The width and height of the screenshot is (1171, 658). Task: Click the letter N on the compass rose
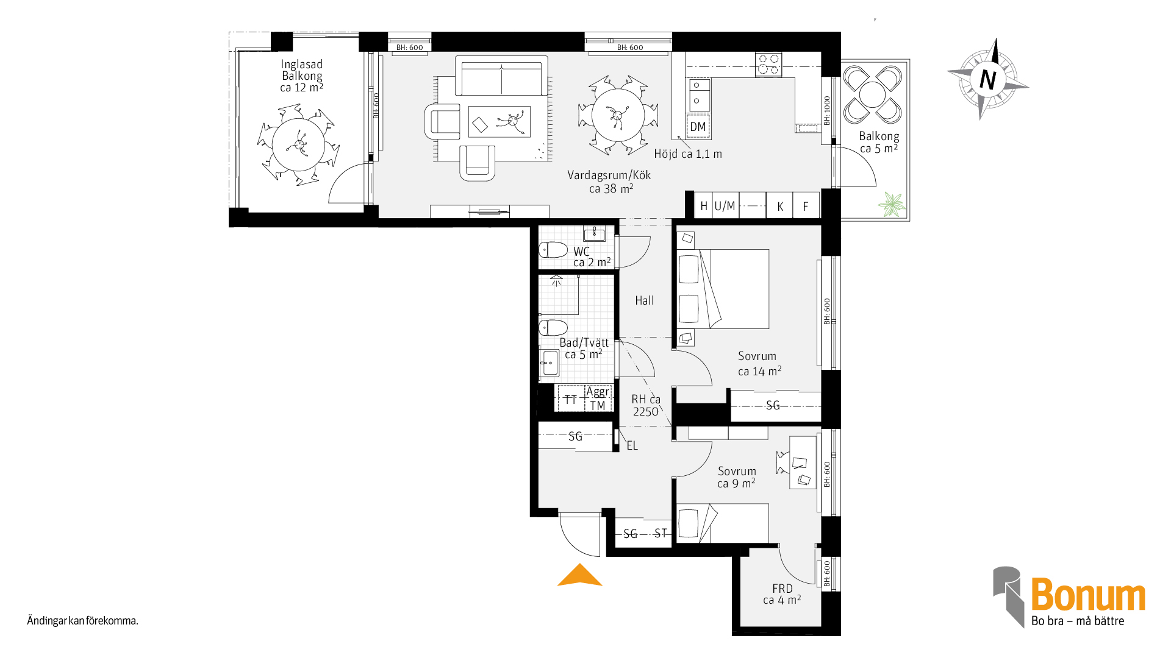[987, 80]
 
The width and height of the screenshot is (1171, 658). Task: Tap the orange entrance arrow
[579, 575]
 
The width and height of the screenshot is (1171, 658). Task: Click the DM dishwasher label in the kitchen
[698, 127]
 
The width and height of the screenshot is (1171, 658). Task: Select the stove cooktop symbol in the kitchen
[768, 65]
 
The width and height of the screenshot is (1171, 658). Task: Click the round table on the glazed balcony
[299, 144]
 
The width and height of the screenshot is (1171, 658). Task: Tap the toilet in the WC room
[553, 250]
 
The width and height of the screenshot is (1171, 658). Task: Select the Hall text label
[645, 300]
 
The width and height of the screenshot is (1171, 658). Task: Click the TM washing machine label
[598, 406]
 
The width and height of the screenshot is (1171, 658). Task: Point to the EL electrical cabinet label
[632, 446]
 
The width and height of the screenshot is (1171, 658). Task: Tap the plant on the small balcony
[892, 205]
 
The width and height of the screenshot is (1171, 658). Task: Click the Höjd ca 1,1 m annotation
[688, 154]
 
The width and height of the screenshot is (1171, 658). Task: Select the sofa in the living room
[501, 76]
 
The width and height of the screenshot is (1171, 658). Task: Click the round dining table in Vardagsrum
[618, 115]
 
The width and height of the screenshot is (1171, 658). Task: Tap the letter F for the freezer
[806, 207]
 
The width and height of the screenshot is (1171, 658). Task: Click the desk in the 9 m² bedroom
[803, 462]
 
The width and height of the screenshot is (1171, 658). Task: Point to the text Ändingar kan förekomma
[83, 621]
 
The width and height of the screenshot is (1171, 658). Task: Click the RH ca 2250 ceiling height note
[646, 405]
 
